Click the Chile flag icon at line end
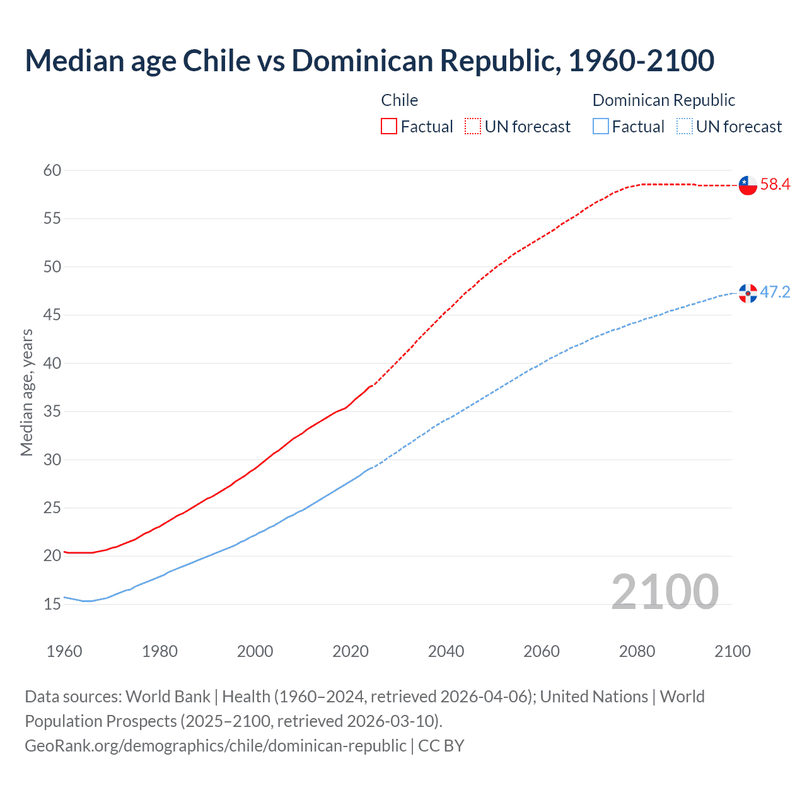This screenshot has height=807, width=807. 748,185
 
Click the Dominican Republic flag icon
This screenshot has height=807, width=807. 748,293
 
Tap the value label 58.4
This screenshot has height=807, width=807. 775,185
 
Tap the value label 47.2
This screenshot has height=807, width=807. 775,293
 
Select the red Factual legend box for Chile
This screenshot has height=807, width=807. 389,127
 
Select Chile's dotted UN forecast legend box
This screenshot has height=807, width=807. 473,127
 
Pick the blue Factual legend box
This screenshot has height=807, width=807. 601,127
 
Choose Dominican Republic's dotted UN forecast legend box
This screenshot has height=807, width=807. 684,127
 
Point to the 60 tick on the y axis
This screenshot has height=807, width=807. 53,170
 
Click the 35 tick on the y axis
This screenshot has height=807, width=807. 53,412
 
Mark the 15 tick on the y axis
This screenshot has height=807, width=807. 53,604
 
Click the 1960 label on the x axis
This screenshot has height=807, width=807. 64,651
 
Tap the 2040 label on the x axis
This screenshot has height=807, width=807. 446,651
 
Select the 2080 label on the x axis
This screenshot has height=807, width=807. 637,651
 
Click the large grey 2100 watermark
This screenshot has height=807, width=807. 665,591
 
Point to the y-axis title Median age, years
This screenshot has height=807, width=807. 26,392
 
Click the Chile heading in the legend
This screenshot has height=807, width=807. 400,100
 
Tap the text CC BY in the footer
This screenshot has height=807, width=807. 441,745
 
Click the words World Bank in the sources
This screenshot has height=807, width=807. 168,697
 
